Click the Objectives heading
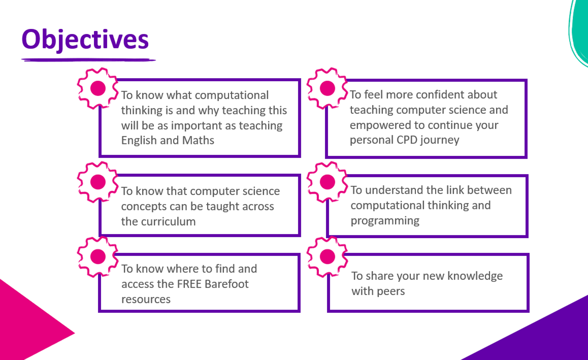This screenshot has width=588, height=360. click(85, 40)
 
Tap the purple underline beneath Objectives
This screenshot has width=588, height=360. click(88, 60)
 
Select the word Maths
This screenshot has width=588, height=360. click(198, 140)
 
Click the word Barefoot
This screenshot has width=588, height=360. click(227, 284)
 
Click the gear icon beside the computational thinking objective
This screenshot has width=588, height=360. click(98, 88)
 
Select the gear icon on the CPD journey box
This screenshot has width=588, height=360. click(327, 88)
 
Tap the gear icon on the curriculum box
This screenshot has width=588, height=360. click(98, 182)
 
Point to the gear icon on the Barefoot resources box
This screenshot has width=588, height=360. click(98, 257)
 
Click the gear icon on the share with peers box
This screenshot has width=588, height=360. click(327, 257)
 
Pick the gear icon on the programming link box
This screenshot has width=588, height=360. click(327, 182)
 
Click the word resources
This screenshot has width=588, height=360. click(146, 299)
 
